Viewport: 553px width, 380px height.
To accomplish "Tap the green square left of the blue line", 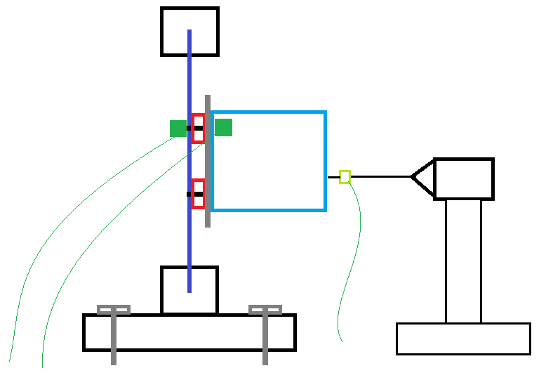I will pos(178,129).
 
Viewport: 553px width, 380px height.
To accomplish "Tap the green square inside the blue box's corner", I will pos(223,127).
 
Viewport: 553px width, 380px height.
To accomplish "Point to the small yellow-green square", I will pos(345,177).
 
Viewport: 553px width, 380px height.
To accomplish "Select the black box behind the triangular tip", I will pos(464,179).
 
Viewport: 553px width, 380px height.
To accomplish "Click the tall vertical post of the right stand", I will pos(463,261).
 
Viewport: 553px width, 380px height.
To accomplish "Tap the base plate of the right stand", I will pos(463,339).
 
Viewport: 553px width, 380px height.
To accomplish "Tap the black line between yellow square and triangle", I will pos(380,177).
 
